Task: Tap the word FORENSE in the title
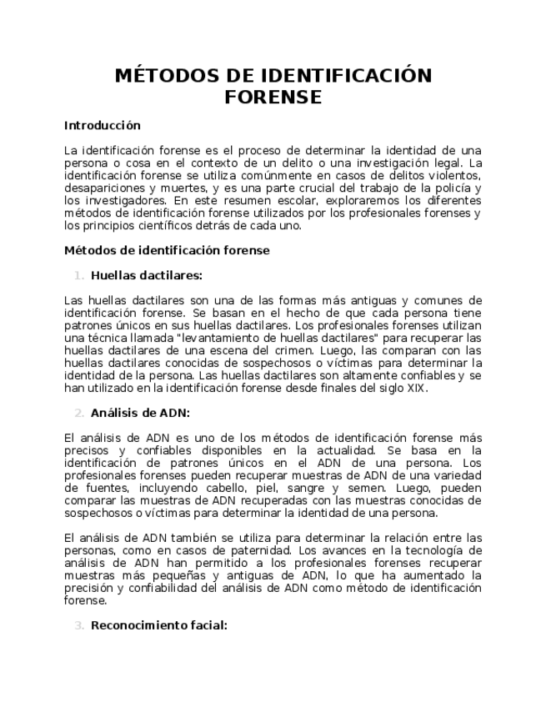click(273, 98)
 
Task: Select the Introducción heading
click(103, 126)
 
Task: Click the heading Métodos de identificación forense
click(167, 249)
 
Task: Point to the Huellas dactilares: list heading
click(147, 275)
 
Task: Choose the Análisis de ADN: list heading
click(140, 412)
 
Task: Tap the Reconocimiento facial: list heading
click(158, 624)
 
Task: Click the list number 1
click(78, 275)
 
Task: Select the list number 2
click(78, 412)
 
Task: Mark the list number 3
click(78, 624)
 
